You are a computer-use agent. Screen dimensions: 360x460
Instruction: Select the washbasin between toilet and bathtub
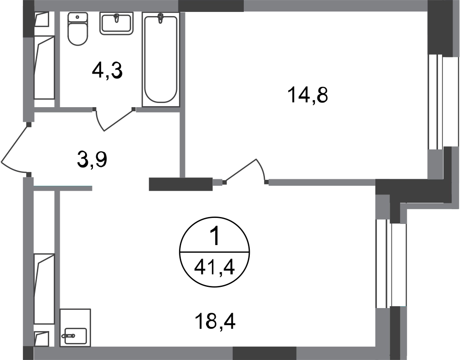pos(117,24)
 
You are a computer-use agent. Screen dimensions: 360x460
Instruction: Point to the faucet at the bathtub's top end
pos(161,20)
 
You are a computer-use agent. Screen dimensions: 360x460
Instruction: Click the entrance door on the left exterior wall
pos(17,149)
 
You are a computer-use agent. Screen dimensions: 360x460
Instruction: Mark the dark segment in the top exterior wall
pos(211,6)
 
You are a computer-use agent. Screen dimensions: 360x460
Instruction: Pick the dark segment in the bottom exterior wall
pos(264,353)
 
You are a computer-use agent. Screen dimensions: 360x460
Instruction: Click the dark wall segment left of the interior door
pos(180,184)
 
